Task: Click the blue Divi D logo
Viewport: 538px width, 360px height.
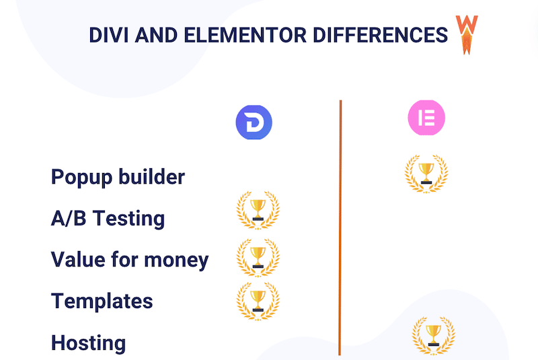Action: click(x=254, y=122)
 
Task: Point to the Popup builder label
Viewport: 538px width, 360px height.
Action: click(x=118, y=177)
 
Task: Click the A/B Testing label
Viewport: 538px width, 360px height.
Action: click(x=108, y=218)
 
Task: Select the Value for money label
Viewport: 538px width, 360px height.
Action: click(x=130, y=259)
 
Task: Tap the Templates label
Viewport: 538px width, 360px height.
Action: click(x=102, y=301)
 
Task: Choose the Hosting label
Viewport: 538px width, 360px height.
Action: click(x=88, y=343)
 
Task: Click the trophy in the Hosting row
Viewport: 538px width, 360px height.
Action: click(x=433, y=335)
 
